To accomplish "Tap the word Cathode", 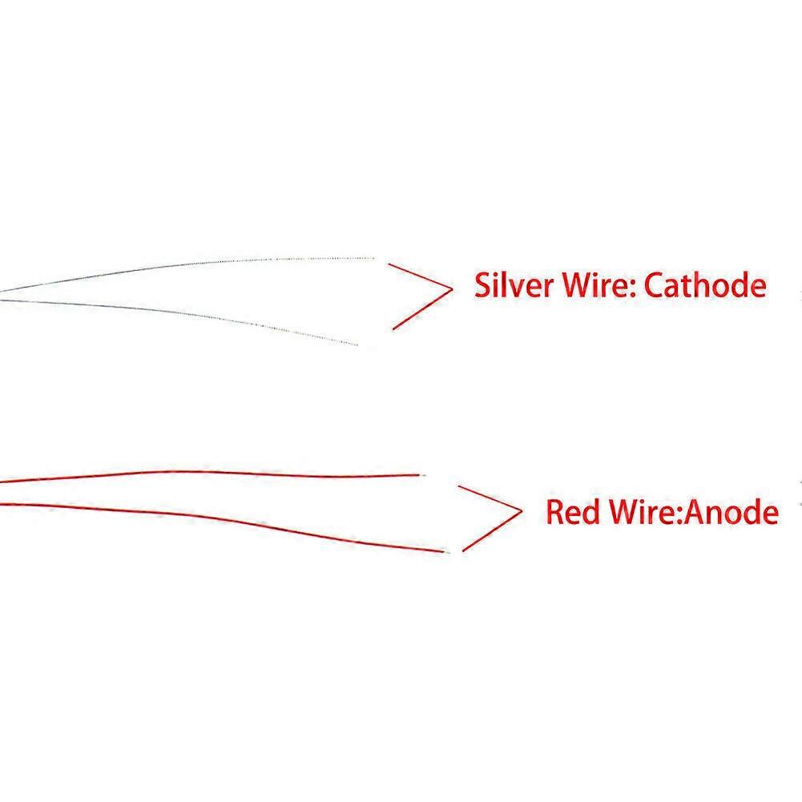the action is click(705, 284).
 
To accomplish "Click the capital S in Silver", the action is click(482, 285).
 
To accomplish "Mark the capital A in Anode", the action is click(694, 511).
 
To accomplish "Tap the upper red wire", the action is click(210, 473).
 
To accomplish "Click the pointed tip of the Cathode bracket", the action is click(453, 289).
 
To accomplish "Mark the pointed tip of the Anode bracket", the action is click(522, 510).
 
